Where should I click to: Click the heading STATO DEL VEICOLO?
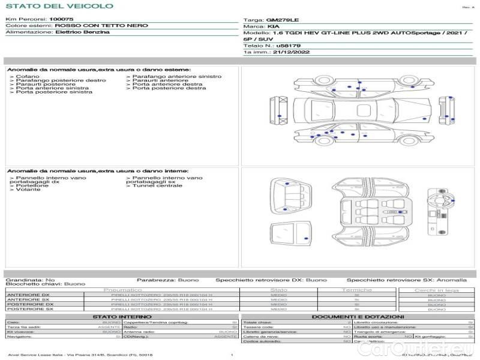click(59, 6)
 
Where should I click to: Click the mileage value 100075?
click(61, 20)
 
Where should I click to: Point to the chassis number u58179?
click(289, 46)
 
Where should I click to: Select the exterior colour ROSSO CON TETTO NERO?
click(92, 26)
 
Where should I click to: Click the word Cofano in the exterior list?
click(28, 77)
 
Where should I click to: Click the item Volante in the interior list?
click(28, 190)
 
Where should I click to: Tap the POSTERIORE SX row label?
click(29, 310)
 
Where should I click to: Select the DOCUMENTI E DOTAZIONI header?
click(357, 316)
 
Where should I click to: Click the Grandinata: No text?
click(31, 280)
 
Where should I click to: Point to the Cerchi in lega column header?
click(436, 290)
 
